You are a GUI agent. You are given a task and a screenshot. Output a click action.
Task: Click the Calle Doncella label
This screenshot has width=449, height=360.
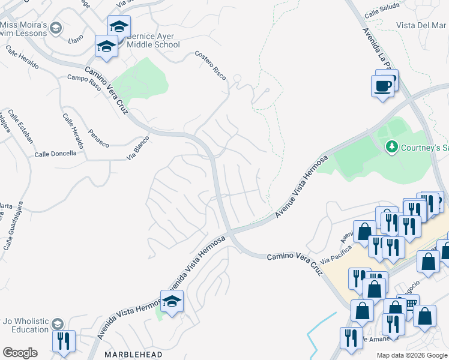coord(55,154)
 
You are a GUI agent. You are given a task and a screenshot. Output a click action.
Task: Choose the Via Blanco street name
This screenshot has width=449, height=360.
coord(137,148)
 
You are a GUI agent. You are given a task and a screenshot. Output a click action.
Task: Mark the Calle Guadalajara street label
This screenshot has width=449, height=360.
coord(15,225)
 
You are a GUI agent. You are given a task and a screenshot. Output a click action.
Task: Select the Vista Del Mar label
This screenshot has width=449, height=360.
coord(421,25)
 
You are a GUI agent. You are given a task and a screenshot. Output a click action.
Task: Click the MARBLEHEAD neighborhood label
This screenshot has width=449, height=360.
coord(134,355)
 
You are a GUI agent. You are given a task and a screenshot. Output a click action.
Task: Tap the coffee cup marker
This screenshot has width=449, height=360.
coord(382,87)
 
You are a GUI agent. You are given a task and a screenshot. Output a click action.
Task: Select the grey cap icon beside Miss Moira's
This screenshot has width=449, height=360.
coord(56,28)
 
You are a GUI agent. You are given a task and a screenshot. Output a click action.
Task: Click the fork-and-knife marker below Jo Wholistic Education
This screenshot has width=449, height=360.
coord(63,341)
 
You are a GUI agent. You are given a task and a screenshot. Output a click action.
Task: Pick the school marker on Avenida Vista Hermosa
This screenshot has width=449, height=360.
coord(171,301)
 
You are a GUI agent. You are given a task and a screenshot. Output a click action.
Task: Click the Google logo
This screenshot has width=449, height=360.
coord(20,353)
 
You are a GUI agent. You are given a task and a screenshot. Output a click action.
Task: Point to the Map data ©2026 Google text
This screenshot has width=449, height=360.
coord(412,355)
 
